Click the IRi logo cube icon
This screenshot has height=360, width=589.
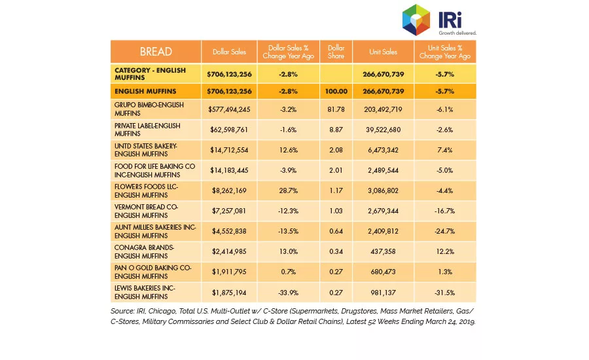pyautogui.click(x=416, y=20)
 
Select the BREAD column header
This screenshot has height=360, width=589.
pyautogui.click(x=156, y=52)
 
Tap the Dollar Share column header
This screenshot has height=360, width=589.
pyautogui.click(x=336, y=52)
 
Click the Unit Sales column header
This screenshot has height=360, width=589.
pyautogui.click(x=383, y=52)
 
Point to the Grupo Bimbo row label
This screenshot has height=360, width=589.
pyautogui.click(x=149, y=109)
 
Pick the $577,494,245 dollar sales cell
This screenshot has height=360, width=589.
pyautogui.click(x=229, y=109)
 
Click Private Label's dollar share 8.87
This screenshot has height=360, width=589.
pyautogui.click(x=336, y=130)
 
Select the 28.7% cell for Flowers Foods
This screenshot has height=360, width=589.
pyautogui.click(x=288, y=190)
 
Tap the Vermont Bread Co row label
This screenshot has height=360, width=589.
pyautogui.click(x=146, y=211)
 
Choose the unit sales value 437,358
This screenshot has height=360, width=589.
pyautogui.click(x=383, y=251)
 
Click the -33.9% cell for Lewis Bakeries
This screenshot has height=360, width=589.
pyautogui.click(x=288, y=293)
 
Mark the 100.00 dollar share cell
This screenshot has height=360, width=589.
pyautogui.click(x=336, y=92)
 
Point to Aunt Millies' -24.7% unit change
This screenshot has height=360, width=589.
pyautogui.click(x=445, y=231)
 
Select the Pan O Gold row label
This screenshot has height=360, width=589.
pyautogui.click(x=153, y=272)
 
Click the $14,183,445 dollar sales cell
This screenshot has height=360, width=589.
pyautogui.click(x=229, y=170)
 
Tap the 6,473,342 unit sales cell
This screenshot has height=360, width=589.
pyautogui.click(x=383, y=150)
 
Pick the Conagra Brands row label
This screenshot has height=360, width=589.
pyautogui.click(x=144, y=251)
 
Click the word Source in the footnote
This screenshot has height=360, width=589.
pyautogui.click(x=122, y=311)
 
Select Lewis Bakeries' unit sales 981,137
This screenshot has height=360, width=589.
pyautogui.click(x=383, y=293)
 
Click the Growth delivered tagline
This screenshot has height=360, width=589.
pyautogui.click(x=457, y=33)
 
